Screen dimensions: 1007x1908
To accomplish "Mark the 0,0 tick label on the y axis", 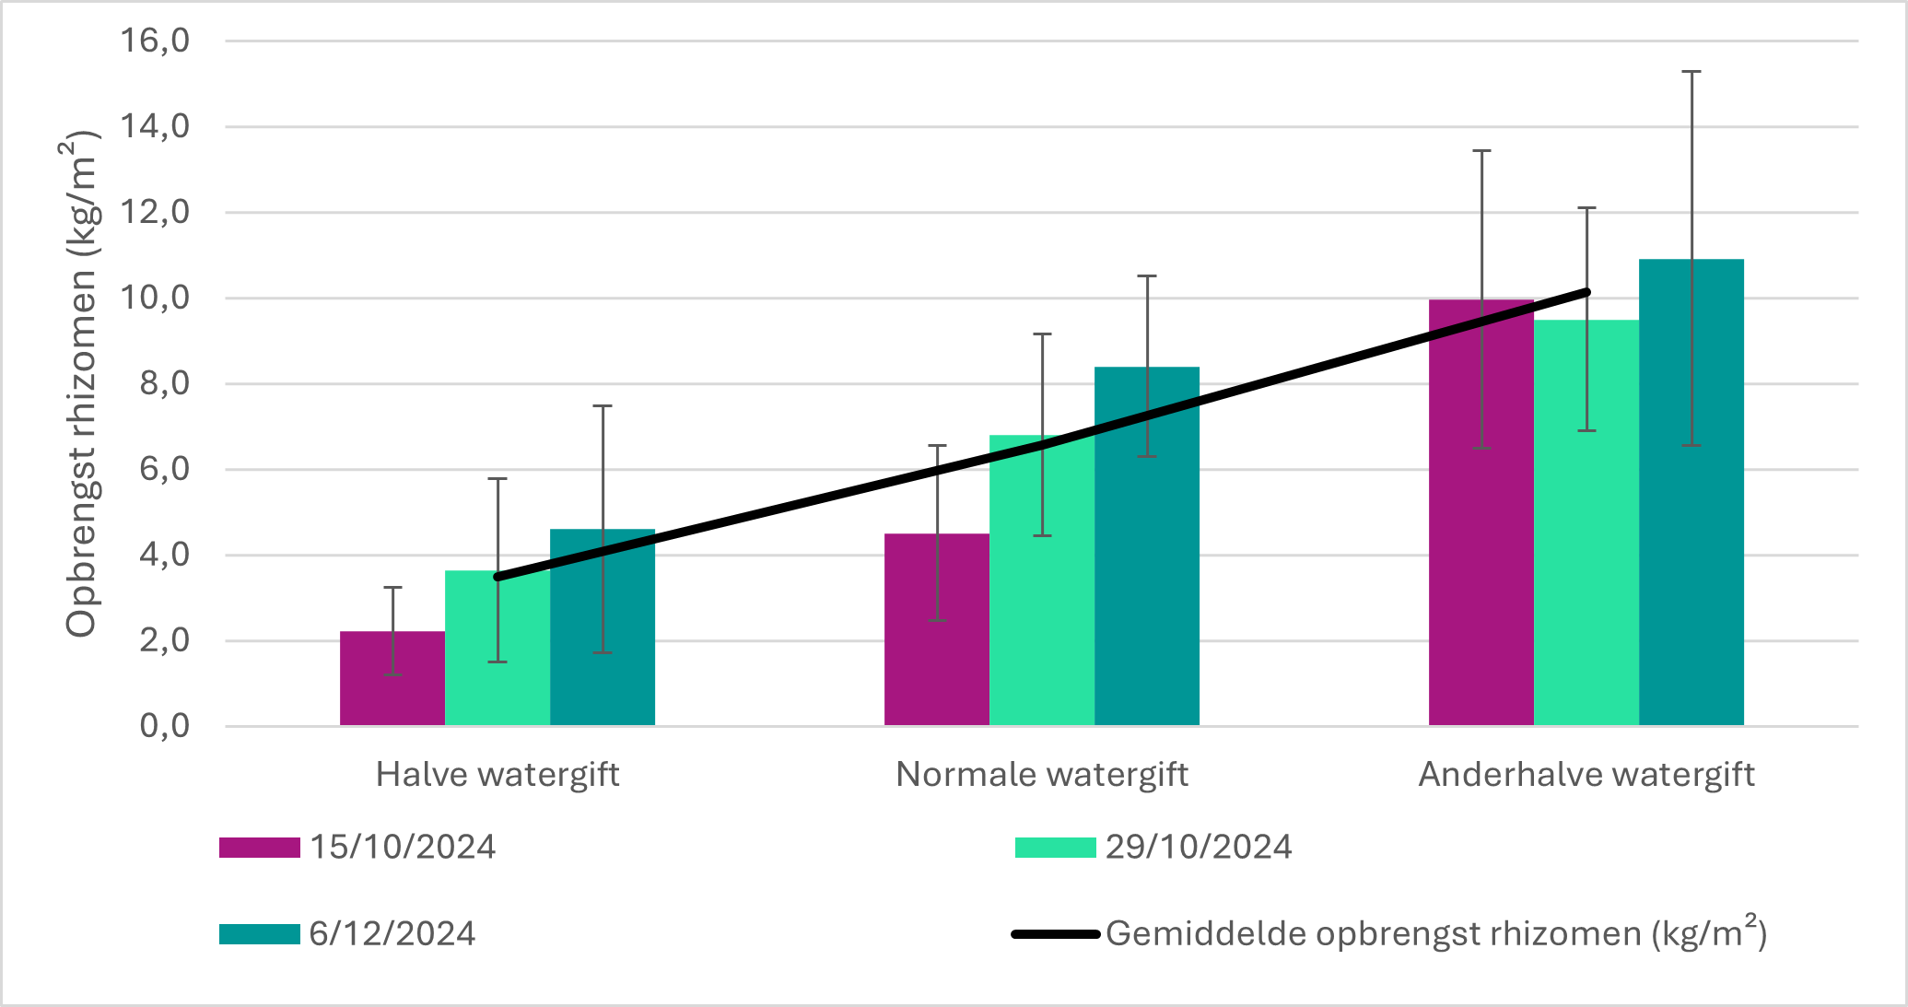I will tap(165, 726).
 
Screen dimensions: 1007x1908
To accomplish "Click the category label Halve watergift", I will tap(497, 775).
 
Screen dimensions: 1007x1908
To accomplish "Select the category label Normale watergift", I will tap(1042, 775).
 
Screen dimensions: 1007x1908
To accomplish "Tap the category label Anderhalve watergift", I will tap(1586, 775).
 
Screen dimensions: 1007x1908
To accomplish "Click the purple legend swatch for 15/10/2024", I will tap(259, 848).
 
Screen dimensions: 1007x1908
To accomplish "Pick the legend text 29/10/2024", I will tap(1199, 848).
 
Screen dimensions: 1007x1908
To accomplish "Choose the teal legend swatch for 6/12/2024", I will tap(259, 934).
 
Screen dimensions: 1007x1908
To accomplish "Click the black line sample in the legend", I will tap(1056, 934).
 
